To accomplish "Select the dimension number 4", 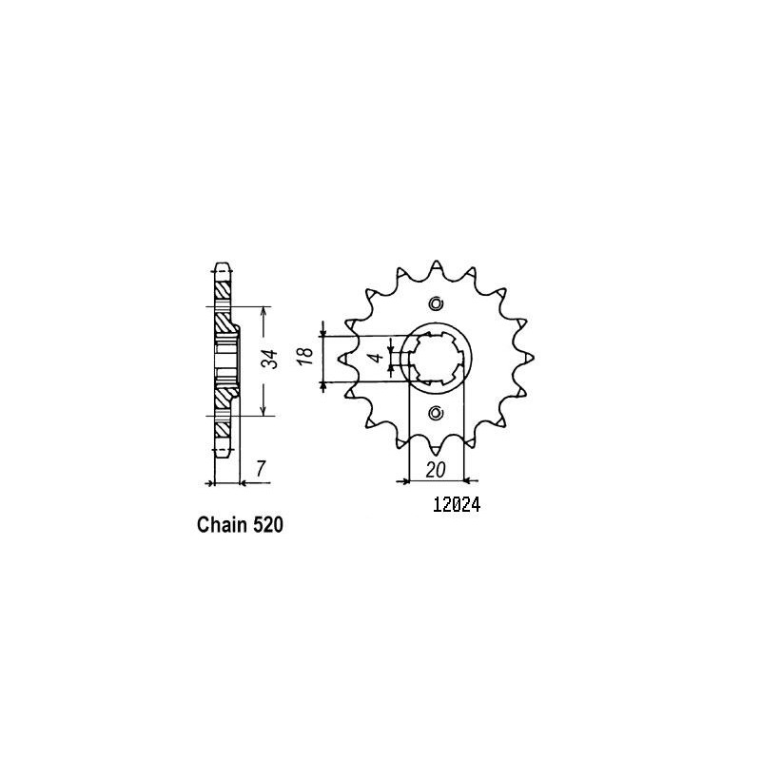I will coord(378,359).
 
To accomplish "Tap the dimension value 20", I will coord(437,469).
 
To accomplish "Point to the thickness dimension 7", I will coord(259,469).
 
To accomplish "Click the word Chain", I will coord(222,526).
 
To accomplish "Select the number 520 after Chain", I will coord(268,526).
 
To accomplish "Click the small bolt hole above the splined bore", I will coord(436,304).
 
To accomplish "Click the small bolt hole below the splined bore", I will coord(436,413).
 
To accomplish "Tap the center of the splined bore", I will coord(436,358).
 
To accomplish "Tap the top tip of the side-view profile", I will coord(223,263).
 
